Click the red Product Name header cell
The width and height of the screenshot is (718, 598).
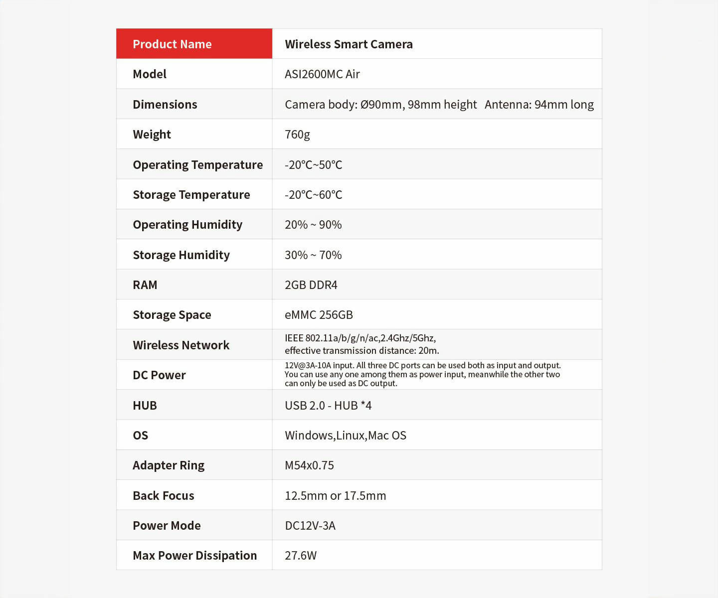tap(194, 44)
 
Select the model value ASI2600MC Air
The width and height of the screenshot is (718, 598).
tap(322, 74)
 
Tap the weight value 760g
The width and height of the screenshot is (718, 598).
tap(297, 135)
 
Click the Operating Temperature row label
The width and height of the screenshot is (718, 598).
tap(197, 165)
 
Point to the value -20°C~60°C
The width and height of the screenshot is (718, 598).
tap(313, 195)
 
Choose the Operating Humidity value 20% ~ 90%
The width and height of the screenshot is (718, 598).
tap(313, 225)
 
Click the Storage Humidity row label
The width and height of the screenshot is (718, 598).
tap(181, 255)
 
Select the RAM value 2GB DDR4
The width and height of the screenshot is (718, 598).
tap(311, 285)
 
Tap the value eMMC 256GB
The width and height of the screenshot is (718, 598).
tap(319, 315)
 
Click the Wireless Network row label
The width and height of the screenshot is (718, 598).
tap(181, 345)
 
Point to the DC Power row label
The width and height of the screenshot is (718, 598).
tap(159, 375)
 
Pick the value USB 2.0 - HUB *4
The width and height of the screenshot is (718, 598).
tap(328, 406)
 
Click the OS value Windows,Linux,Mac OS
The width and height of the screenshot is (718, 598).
tap(345, 436)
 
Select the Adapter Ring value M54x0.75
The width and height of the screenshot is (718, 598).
tap(309, 465)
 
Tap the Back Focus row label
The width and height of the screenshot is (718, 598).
tap(163, 496)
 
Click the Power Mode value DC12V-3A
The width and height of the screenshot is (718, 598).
tap(310, 526)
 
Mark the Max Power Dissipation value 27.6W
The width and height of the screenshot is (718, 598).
tap(300, 556)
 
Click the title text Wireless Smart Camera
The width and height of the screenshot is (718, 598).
tap(349, 44)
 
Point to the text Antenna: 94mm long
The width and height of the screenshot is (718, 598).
tap(539, 105)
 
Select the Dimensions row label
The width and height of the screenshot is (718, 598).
tap(165, 105)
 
